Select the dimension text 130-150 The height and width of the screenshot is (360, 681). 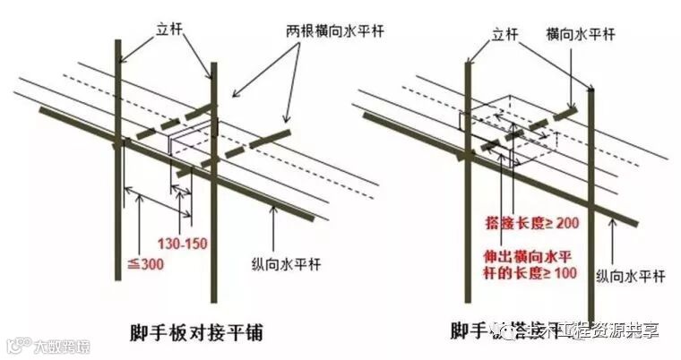pyautogui.click(x=180, y=242)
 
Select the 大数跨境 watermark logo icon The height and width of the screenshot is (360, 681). pyautogui.click(x=15, y=345)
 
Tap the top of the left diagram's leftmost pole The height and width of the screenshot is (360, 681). pyautogui.click(x=116, y=40)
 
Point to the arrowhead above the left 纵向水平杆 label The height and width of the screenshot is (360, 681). pyautogui.click(x=271, y=209)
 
